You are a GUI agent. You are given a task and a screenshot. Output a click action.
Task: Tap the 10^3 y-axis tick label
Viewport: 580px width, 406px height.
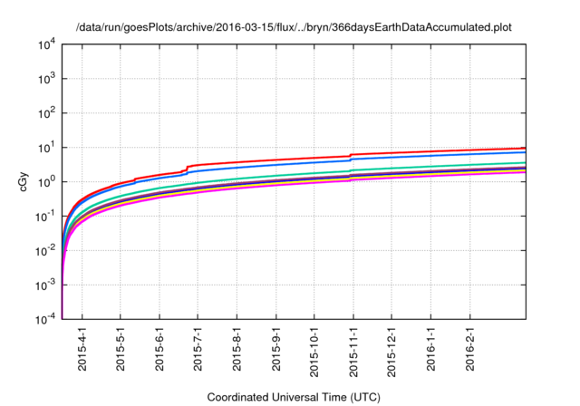point(47,79)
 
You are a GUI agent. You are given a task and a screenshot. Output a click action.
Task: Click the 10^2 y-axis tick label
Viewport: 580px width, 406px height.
point(47,113)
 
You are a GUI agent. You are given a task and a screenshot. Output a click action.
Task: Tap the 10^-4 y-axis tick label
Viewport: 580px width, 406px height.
point(46,318)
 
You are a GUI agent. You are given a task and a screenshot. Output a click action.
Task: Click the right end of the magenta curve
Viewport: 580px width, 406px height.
point(525,171)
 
